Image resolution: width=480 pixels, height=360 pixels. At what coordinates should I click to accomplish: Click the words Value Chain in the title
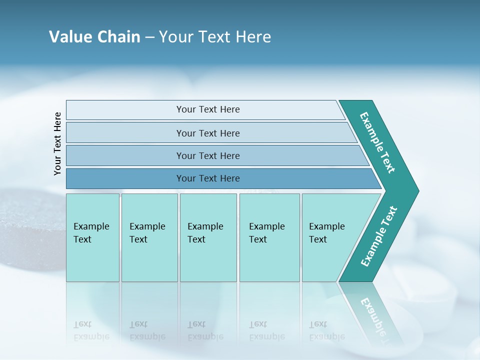(94, 36)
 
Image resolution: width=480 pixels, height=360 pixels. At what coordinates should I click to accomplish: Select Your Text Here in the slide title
(215, 36)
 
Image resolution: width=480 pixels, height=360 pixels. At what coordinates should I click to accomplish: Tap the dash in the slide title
(149, 37)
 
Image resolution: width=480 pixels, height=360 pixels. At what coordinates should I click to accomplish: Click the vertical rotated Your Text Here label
(58, 143)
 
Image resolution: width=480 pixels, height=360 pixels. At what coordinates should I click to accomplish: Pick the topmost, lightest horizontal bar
(207, 109)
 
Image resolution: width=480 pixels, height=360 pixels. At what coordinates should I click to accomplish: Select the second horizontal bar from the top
(207, 133)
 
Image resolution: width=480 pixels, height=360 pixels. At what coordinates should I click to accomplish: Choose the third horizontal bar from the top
(207, 155)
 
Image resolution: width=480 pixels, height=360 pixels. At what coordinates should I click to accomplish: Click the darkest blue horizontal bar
(207, 178)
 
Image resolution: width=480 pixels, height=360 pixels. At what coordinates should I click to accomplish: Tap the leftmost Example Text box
(92, 237)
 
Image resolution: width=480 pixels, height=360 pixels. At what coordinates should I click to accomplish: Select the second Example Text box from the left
(149, 237)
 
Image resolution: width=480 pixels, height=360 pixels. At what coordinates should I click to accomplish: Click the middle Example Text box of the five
(208, 237)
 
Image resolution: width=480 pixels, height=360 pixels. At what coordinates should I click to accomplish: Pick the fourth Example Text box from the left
(269, 237)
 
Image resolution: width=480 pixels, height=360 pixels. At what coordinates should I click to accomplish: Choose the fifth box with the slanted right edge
(330, 237)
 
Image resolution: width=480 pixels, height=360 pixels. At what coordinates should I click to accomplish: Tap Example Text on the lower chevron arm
(379, 236)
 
